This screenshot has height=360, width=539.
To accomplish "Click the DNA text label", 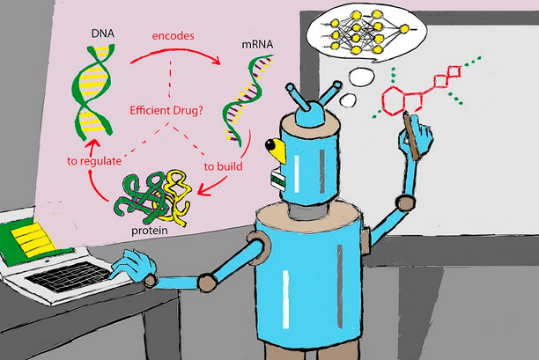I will (x=100, y=33).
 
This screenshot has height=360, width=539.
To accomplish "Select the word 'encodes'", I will (x=173, y=36).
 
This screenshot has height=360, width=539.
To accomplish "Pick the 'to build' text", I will (x=224, y=165).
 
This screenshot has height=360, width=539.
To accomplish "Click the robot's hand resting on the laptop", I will (x=136, y=263).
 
